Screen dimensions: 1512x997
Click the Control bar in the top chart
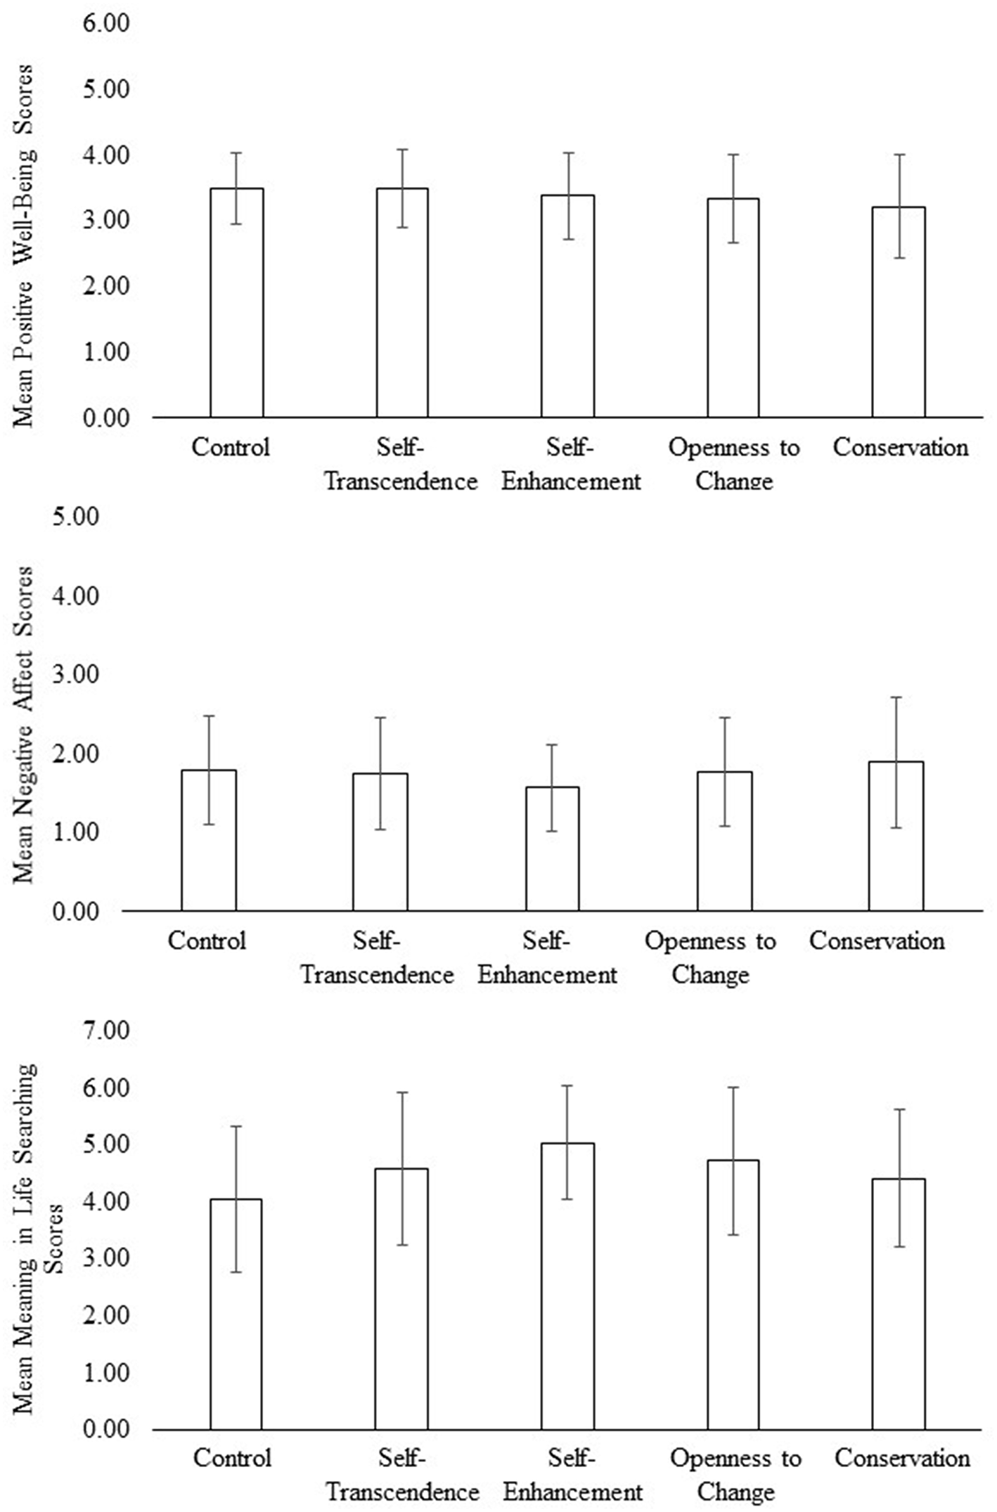[x=237, y=303]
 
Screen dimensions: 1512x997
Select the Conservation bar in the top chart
[x=899, y=312]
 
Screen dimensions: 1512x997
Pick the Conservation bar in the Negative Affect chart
[x=896, y=836]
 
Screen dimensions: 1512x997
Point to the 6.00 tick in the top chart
[x=107, y=24]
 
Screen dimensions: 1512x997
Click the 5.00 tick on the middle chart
[x=76, y=517]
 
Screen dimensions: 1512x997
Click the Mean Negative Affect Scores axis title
[x=23, y=724]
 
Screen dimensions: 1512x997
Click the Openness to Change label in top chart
[x=733, y=464]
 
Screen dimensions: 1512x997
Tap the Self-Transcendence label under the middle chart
[x=378, y=957]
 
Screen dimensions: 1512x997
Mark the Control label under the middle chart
[x=207, y=941]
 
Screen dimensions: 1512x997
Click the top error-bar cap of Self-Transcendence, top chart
[x=402, y=150]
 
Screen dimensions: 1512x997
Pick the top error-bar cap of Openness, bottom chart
[x=733, y=1087]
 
